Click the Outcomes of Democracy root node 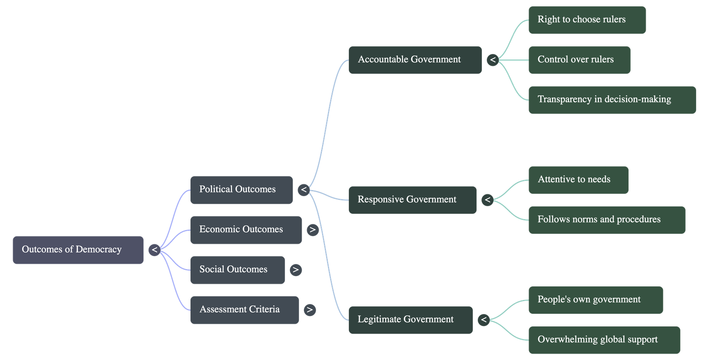pos(78,250)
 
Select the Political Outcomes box pos(241,190)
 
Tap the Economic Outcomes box pos(245,230)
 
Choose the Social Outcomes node pos(237,270)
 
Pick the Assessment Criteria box pos(244,310)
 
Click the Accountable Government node pos(415,59)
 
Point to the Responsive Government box pos(412,199)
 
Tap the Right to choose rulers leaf pos(587,20)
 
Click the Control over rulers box pos(579,59)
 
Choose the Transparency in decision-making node pos(612,99)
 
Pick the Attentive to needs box pos(579,179)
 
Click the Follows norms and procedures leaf pos(607,219)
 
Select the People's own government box pos(595,300)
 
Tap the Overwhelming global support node pos(604,340)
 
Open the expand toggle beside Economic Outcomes pos(312,230)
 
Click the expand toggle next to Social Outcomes pos(295,270)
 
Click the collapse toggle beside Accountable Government pos(492,59)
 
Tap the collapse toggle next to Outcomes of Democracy pos(154,250)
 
